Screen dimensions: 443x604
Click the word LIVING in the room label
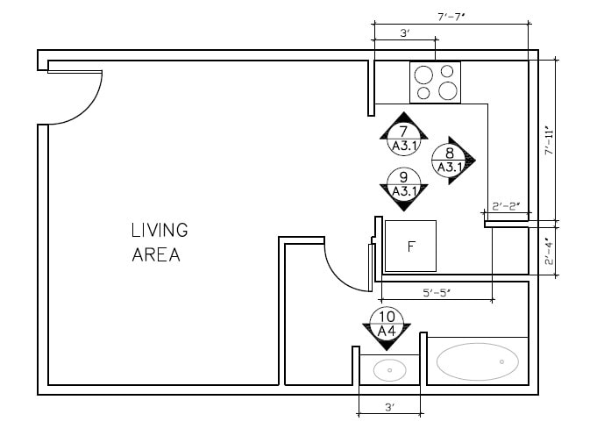pyautogui.click(x=160, y=231)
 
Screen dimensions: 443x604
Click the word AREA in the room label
pyautogui.click(x=156, y=256)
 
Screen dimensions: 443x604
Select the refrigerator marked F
pyautogui.click(x=411, y=247)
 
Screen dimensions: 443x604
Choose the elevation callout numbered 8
pyautogui.click(x=450, y=159)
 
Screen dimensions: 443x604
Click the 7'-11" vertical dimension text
pyautogui.click(x=550, y=140)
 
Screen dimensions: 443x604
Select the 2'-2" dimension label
pyautogui.click(x=506, y=207)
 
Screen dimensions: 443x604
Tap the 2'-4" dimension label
pyautogui.click(x=550, y=253)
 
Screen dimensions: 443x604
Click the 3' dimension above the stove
pyautogui.click(x=404, y=33)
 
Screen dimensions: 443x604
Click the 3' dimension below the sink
pyautogui.click(x=390, y=407)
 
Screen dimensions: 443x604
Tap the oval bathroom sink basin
pyautogui.click(x=389, y=370)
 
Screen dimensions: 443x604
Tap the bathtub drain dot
pyautogui.click(x=501, y=361)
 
